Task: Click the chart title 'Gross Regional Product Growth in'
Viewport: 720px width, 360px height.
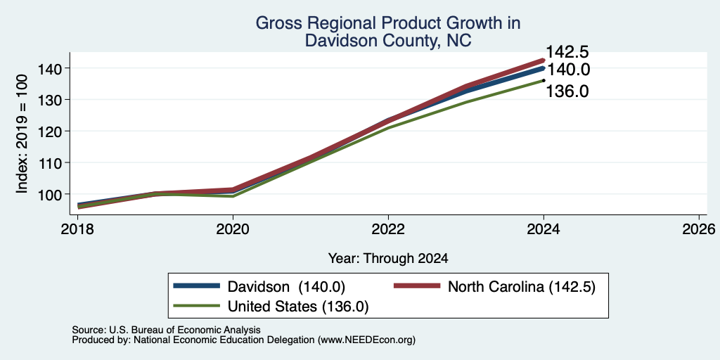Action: pos(388,23)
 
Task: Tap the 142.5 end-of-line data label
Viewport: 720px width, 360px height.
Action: pos(567,52)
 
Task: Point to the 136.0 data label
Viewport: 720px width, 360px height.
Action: pos(567,91)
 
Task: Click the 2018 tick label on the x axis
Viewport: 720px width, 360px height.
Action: pos(77,229)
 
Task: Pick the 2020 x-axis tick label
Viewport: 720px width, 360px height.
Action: pos(233,229)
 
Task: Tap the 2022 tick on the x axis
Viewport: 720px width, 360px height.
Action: pos(388,229)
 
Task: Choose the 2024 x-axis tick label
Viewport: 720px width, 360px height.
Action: pos(544,229)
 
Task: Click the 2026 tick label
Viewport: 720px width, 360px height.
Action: pos(699,229)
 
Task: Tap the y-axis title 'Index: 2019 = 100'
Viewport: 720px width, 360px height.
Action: pos(22,134)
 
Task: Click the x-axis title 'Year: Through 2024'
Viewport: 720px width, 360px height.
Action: pos(388,259)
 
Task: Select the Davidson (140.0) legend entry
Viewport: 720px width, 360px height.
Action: pos(259,287)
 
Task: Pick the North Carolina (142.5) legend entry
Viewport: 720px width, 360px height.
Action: pos(495,287)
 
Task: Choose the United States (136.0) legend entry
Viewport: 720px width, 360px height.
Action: pos(271,307)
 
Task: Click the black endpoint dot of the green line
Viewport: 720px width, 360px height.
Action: pos(544,80)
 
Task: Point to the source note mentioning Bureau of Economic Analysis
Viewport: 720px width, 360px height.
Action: pos(166,330)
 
